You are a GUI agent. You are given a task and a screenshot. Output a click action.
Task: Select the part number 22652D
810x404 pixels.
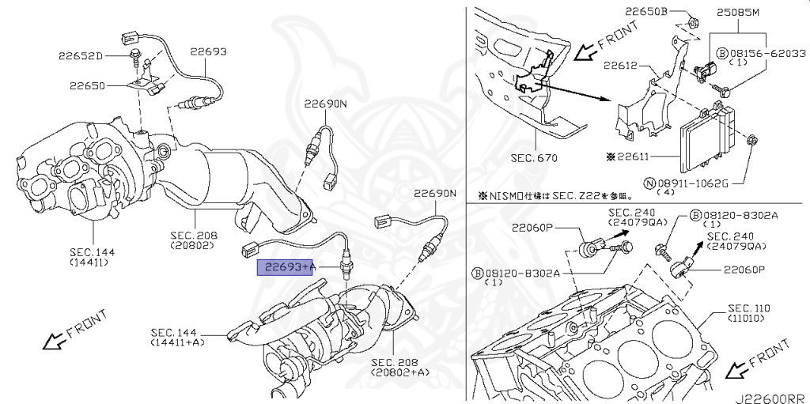coord(80,55)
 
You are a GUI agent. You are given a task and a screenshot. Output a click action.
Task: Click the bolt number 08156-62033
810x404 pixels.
coord(766,53)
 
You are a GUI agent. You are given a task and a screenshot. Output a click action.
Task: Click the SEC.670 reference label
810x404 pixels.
coord(534,157)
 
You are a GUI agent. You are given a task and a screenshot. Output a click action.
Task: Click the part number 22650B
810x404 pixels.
coord(646,12)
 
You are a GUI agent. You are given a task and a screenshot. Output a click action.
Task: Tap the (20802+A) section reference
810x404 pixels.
coord(400,372)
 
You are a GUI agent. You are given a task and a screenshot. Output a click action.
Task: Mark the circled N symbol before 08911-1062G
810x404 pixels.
coord(649,183)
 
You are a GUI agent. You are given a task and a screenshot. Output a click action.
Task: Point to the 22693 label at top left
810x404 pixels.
coord(208,51)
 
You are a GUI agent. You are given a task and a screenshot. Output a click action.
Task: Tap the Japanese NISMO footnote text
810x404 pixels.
coord(544,195)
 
